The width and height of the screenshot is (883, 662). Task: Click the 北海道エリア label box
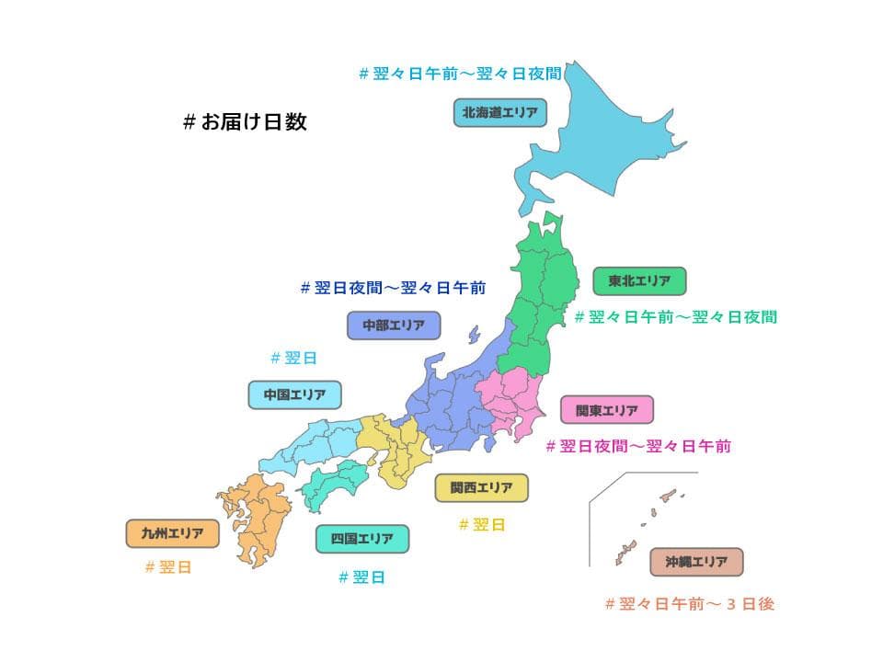(499, 112)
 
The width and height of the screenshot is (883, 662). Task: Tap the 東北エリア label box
(639, 280)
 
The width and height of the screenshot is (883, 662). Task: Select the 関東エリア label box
(606, 410)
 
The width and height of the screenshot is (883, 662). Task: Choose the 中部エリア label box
(394, 325)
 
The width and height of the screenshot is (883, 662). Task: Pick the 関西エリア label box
(481, 487)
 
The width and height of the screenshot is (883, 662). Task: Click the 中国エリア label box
(295, 394)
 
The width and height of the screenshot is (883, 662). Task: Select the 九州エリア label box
(172, 533)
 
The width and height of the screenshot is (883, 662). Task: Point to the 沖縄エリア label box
(696, 561)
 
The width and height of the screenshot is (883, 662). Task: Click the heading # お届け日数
(245, 122)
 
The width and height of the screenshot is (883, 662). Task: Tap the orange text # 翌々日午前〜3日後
(690, 604)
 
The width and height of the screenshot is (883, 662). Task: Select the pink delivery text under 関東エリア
(638, 447)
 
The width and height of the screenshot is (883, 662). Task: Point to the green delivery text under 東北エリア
(675, 317)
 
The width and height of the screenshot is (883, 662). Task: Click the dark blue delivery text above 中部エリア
(393, 288)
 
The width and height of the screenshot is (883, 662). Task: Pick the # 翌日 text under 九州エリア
(168, 567)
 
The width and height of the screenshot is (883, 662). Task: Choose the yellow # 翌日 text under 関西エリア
(482, 525)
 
